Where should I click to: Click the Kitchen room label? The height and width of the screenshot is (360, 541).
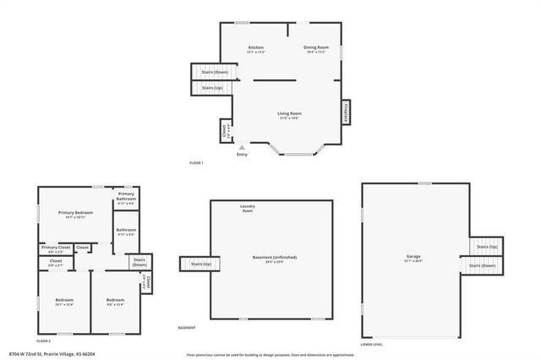(255, 47)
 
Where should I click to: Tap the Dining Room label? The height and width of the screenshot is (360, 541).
(315, 47)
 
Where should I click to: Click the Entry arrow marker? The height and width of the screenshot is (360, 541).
(242, 147)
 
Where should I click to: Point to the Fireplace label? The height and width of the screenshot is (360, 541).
(345, 111)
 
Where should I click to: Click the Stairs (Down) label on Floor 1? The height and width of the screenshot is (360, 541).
(214, 73)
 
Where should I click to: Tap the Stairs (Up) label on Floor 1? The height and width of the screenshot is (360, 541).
(212, 87)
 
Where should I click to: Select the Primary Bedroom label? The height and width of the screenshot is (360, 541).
(75, 212)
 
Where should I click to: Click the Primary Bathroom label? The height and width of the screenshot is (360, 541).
(127, 198)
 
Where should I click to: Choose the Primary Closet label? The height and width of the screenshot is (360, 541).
(57, 247)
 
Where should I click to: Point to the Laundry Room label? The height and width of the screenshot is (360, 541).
(247, 208)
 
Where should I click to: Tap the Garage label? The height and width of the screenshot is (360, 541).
(413, 256)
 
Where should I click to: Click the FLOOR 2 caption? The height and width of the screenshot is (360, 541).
(44, 317)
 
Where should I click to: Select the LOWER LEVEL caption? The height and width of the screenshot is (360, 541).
(372, 345)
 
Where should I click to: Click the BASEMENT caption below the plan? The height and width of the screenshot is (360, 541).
(187, 327)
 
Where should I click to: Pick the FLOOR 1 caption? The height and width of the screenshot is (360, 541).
(197, 161)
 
